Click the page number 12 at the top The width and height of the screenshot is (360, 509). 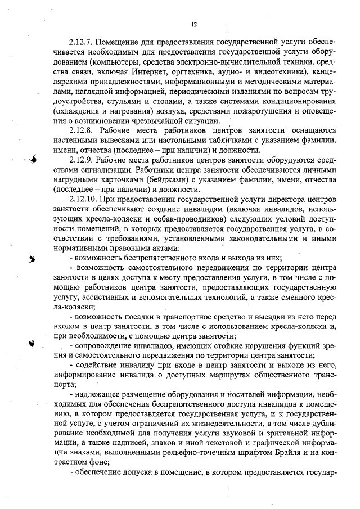(194, 25)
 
